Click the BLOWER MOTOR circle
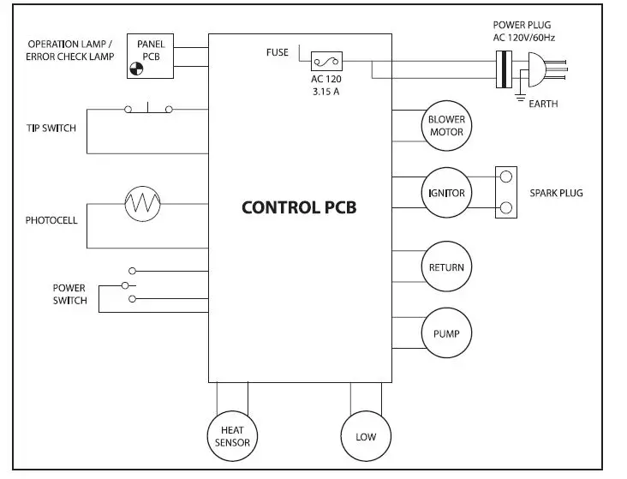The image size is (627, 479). point(446,126)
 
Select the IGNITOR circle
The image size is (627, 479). point(446,193)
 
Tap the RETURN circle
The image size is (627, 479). point(446,267)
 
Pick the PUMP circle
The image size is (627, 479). point(446,333)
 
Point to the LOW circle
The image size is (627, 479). point(366,436)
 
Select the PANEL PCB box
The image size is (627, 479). point(150,57)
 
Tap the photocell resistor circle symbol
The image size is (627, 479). point(142,204)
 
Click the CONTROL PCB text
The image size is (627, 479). point(298,207)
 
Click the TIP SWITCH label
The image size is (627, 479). point(51,129)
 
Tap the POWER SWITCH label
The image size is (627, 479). point(69,295)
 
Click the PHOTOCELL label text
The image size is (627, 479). point(51,220)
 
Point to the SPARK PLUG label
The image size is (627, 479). point(556,193)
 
